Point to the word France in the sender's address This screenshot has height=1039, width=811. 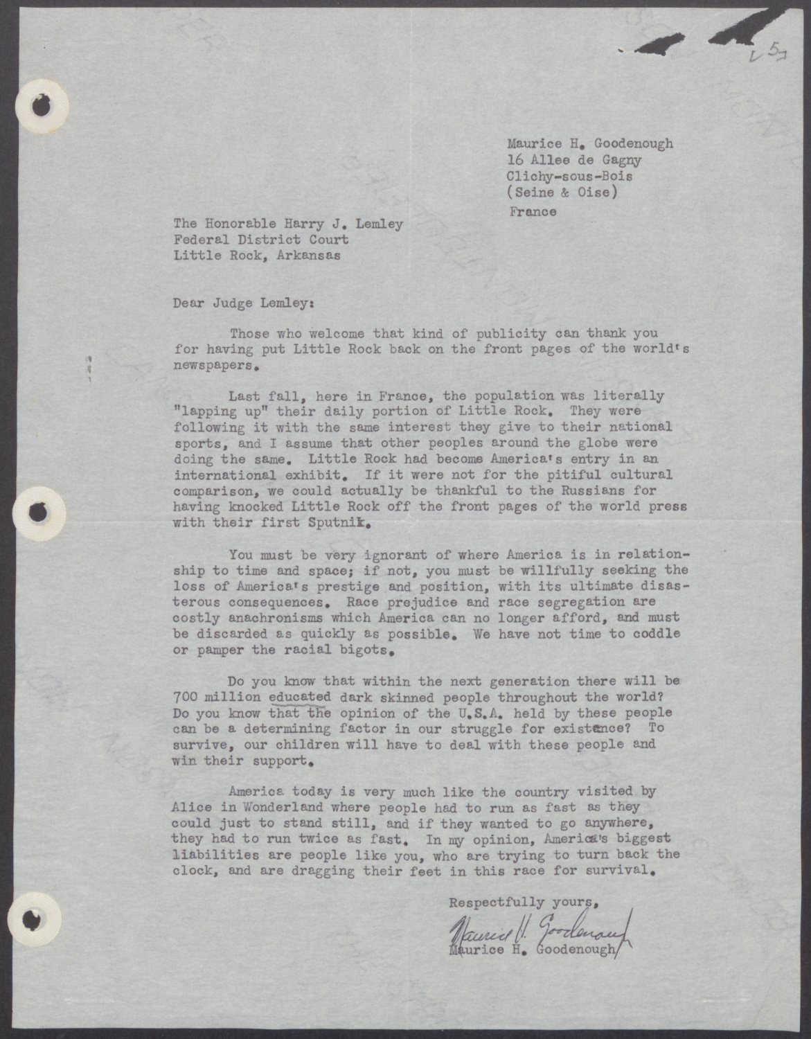(533, 212)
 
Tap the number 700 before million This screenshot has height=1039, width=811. (185, 697)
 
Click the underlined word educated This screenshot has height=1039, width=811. (299, 697)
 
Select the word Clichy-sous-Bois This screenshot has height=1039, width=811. (569, 176)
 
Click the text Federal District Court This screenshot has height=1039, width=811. (260, 240)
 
